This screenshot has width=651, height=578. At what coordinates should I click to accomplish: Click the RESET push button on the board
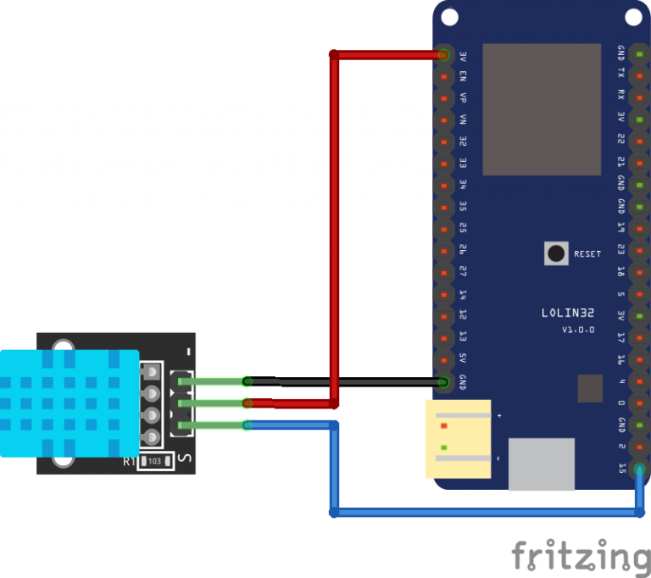(x=556, y=253)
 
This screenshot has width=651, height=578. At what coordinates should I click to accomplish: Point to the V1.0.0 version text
(x=578, y=330)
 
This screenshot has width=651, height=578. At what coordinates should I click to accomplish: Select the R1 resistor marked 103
(x=153, y=461)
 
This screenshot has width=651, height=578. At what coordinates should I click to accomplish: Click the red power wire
(x=336, y=212)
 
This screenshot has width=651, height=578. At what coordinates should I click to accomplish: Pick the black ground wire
(x=356, y=382)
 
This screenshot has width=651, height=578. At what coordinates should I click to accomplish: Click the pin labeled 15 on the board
(x=621, y=469)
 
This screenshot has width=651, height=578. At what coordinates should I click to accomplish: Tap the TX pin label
(x=621, y=74)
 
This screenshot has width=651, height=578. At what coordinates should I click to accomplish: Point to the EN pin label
(x=463, y=76)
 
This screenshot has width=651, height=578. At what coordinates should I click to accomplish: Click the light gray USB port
(x=541, y=464)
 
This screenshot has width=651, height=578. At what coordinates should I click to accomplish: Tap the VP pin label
(x=463, y=98)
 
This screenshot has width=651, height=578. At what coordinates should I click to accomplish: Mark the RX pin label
(x=621, y=95)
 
